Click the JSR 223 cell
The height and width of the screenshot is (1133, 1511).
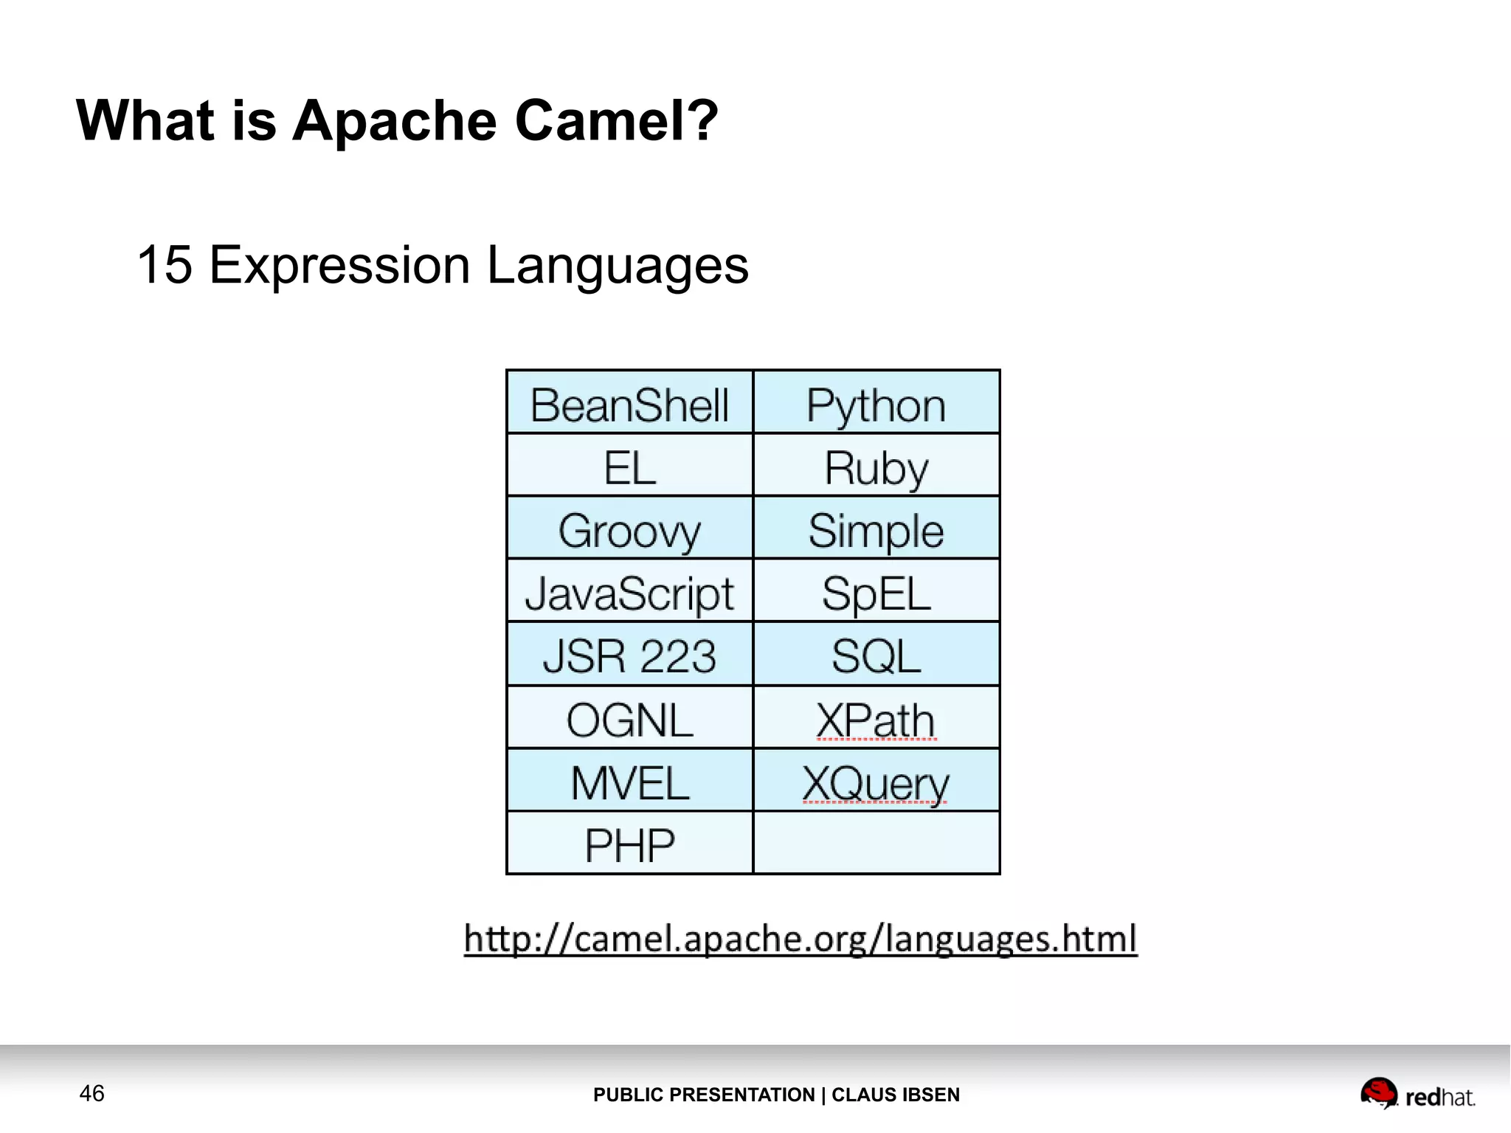point(629,655)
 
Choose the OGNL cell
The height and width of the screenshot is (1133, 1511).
point(629,718)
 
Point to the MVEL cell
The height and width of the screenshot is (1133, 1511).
point(629,781)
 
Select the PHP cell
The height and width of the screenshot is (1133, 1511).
point(629,844)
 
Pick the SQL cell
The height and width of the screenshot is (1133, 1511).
point(876,655)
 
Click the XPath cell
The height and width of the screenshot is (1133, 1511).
point(876,718)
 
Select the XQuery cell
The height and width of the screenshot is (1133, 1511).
point(876,781)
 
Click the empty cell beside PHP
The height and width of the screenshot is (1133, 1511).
point(876,844)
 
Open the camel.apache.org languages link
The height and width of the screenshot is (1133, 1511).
point(801,939)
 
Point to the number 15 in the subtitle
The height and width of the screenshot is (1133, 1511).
point(164,265)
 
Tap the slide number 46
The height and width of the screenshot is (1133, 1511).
point(91,1093)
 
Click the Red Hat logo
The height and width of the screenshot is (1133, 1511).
point(1417,1094)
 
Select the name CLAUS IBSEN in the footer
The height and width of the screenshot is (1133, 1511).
point(896,1095)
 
